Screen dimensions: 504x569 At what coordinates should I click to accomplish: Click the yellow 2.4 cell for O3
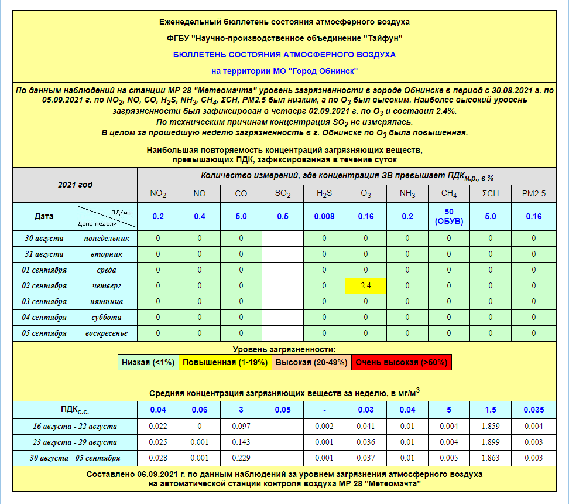coord(366,286)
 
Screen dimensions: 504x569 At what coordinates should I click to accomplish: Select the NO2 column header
coord(158,193)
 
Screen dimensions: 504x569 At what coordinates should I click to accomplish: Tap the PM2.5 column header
coord(534,193)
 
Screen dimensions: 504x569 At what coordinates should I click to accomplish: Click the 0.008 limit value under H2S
coord(324,216)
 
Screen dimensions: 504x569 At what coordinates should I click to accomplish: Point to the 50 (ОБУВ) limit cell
coord(449,216)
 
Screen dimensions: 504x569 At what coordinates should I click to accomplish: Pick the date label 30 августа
coord(44,239)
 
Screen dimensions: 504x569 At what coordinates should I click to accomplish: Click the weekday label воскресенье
coord(106,333)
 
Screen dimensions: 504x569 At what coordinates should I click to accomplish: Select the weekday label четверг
coord(106,286)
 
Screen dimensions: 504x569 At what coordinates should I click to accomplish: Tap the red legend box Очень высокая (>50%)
coord(402,362)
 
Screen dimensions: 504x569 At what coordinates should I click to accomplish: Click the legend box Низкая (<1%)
coord(148,362)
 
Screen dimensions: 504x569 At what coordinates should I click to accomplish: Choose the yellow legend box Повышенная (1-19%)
coord(225,362)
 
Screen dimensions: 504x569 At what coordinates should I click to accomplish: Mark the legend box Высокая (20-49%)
coord(311,362)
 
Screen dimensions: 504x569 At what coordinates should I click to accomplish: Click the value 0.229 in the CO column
coord(241,458)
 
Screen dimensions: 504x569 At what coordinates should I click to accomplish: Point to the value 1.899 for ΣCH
coord(491,442)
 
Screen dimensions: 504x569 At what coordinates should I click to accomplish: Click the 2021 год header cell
coord(75,185)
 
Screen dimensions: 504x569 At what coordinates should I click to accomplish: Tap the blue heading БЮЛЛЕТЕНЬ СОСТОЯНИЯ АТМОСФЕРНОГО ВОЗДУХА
coord(284,55)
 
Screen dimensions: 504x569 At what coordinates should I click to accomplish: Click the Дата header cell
coord(44,216)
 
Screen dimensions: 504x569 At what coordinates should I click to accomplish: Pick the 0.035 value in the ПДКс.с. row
coord(534,410)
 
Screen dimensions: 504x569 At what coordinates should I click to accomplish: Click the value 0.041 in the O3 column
coord(366,427)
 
